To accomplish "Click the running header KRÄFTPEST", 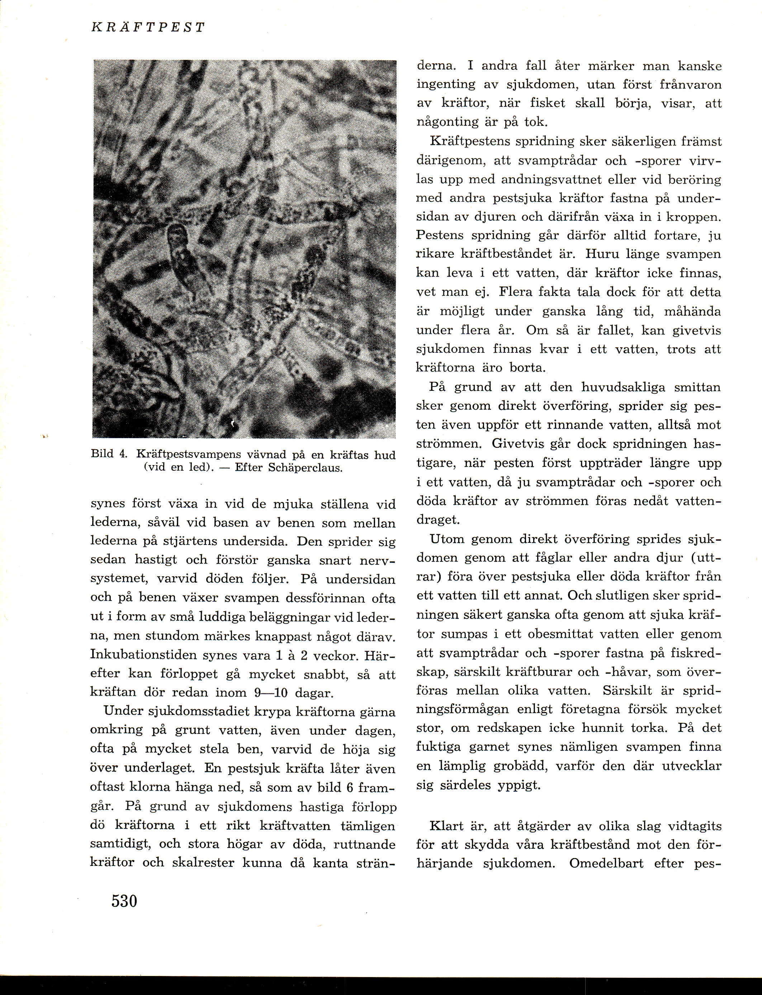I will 148,28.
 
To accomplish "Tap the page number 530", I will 124,901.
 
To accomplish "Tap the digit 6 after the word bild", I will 350,787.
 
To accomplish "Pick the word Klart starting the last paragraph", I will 438,826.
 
